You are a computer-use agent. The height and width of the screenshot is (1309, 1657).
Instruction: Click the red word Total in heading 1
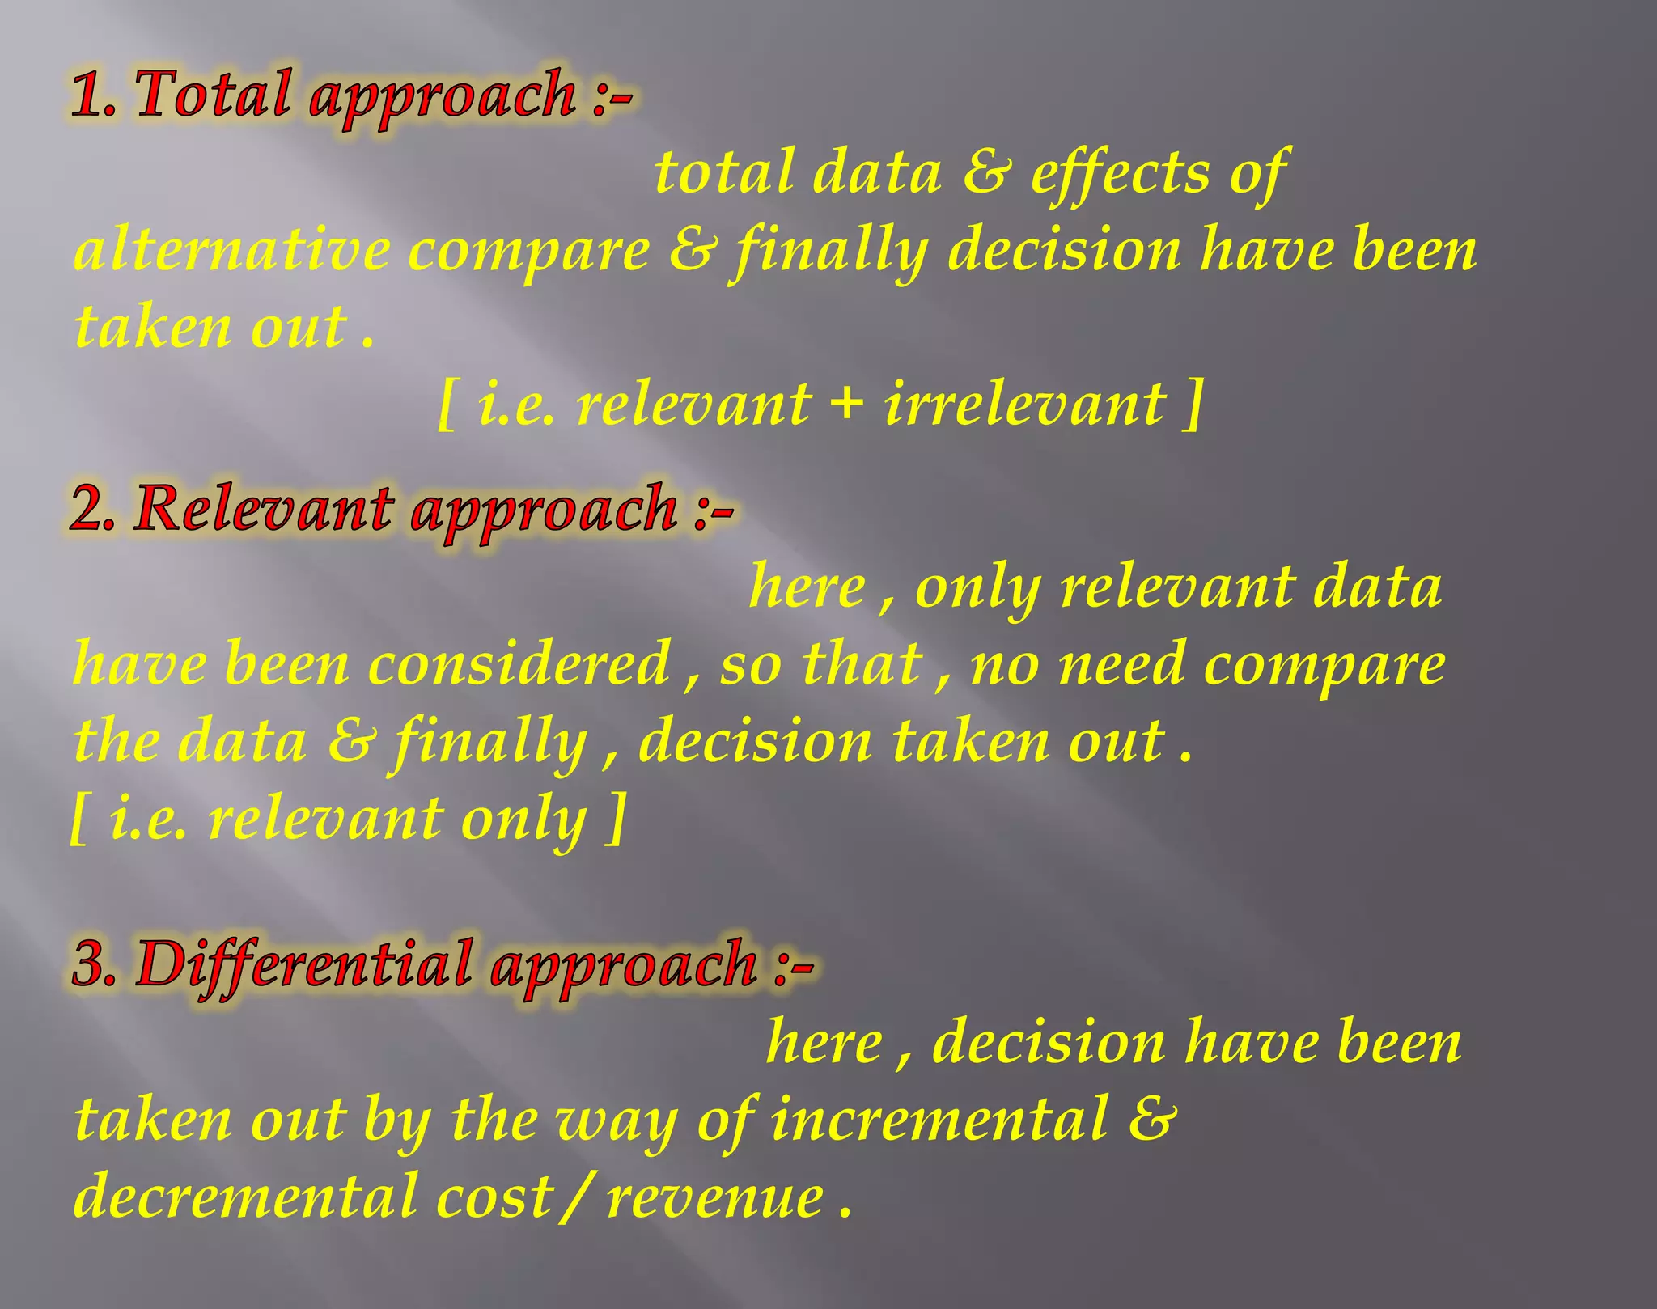(x=213, y=95)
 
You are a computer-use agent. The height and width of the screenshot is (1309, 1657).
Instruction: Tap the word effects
(x=1117, y=173)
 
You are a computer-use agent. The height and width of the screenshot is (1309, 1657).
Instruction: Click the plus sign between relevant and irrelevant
(x=847, y=405)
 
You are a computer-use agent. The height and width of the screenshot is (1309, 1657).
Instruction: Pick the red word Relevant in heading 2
(x=264, y=510)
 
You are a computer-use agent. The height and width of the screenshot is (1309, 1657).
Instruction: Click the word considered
(x=519, y=664)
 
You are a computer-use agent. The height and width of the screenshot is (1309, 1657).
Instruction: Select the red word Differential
(x=304, y=964)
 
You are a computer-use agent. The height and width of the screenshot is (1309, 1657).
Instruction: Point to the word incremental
(x=939, y=1120)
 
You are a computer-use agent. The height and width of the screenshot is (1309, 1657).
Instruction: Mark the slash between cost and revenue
(x=577, y=1196)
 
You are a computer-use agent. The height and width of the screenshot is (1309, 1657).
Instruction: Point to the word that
(x=862, y=664)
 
